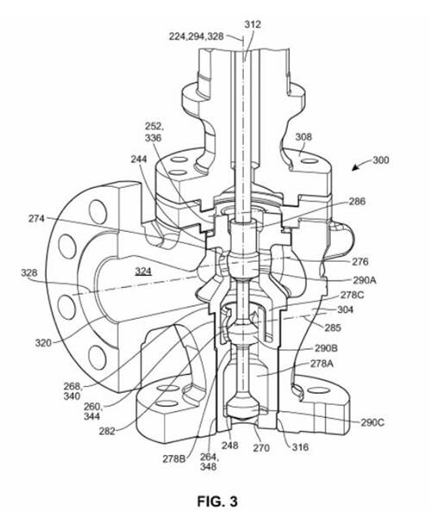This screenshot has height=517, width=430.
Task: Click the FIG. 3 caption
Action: pyautogui.click(x=217, y=501)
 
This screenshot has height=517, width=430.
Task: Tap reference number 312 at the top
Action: pyautogui.click(x=252, y=24)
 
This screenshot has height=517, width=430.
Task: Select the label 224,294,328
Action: pyautogui.click(x=196, y=36)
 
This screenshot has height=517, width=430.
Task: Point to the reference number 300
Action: pyautogui.click(x=381, y=160)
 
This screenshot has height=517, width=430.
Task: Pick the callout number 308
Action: pyautogui.click(x=303, y=136)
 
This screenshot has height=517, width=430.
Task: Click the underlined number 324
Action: pyautogui.click(x=143, y=271)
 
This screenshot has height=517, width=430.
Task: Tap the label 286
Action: pyautogui.click(x=357, y=201)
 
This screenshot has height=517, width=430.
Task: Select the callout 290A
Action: pyautogui.click(x=365, y=280)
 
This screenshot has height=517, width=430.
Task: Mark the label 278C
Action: pyautogui.click(x=352, y=295)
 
